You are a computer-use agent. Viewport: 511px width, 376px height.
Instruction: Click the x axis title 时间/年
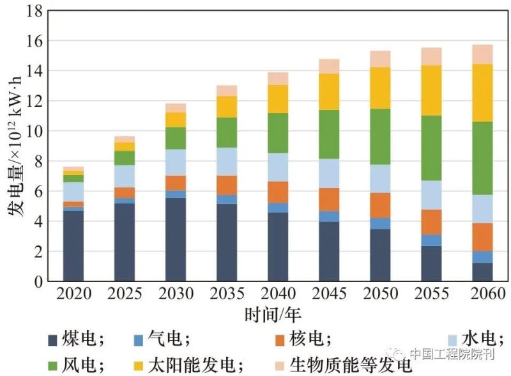(273, 315)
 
